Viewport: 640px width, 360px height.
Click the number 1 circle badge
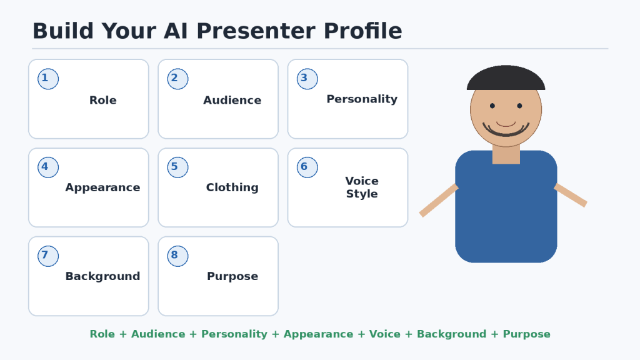tap(48, 79)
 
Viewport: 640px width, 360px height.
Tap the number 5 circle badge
tap(177, 167)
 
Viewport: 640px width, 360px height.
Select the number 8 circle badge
tap(177, 256)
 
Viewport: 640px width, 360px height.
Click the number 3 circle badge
tap(307, 79)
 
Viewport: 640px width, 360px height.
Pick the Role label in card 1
tap(103, 100)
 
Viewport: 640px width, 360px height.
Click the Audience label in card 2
tap(232, 100)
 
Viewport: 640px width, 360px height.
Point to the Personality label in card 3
tap(362, 99)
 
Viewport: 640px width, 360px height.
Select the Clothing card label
tap(232, 187)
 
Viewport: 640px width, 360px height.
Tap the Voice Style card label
tap(362, 187)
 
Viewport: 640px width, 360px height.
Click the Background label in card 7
tap(103, 276)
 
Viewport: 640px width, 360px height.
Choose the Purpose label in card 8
tap(232, 276)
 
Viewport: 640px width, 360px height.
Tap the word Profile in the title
tap(363, 31)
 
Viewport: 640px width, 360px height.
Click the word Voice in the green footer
tap(385, 334)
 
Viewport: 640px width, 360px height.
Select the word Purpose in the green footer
tap(526, 334)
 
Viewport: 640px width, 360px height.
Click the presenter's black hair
tap(506, 77)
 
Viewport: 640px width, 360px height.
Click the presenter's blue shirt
tap(506, 212)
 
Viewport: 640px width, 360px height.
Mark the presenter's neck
tap(506, 154)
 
